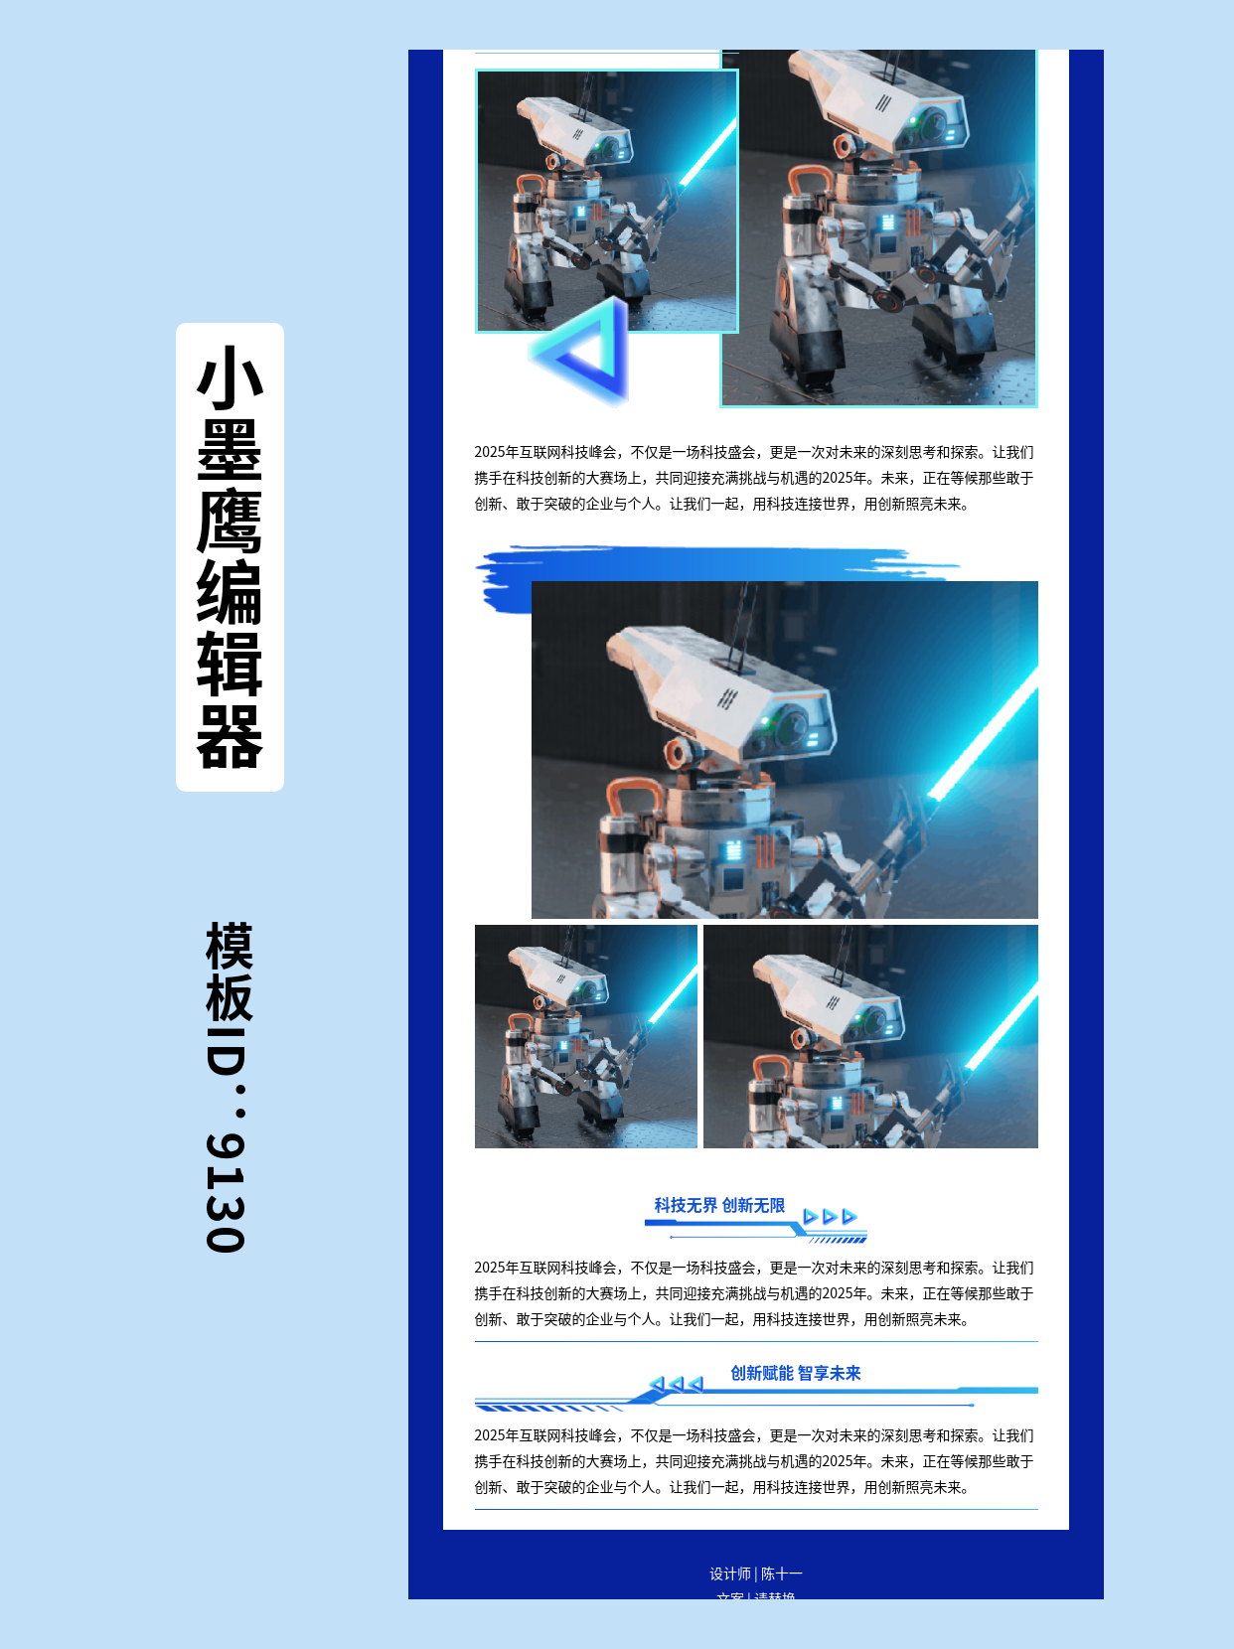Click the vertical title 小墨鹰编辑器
click(x=230, y=556)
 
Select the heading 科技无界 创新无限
click(x=719, y=1205)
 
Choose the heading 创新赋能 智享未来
click(x=795, y=1373)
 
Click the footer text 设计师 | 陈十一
click(x=755, y=1574)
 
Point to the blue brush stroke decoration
click(x=695, y=563)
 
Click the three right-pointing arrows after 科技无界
click(x=830, y=1216)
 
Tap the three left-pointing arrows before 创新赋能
click(x=676, y=1384)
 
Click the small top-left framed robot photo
click(x=606, y=201)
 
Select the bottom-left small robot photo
click(x=585, y=1036)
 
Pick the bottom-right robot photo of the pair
click(x=870, y=1036)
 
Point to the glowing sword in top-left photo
click(x=707, y=154)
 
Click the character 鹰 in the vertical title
click(x=230, y=522)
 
